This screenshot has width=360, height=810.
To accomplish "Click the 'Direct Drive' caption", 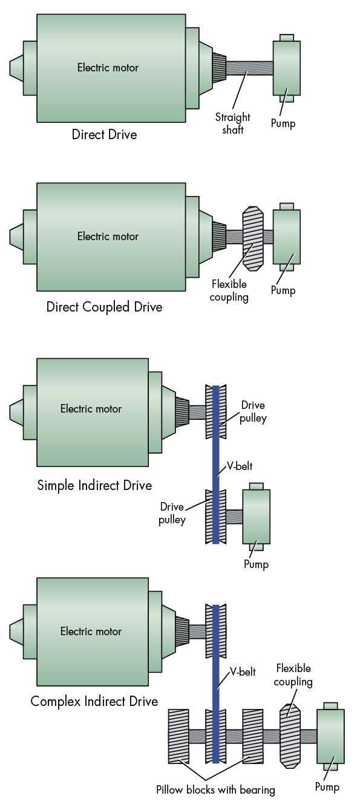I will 104,134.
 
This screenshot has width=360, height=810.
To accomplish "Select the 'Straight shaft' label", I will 232,123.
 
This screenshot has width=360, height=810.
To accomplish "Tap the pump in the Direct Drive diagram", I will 286,68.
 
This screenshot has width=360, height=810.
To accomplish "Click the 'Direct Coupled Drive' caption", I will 104,307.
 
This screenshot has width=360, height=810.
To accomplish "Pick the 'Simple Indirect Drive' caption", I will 94,485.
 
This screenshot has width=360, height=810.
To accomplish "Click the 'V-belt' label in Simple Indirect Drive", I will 240,466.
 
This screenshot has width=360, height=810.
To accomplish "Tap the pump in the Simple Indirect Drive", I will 256,516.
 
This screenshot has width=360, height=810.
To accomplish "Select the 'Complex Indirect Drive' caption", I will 94,702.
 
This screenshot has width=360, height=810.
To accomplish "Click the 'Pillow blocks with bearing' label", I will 215,789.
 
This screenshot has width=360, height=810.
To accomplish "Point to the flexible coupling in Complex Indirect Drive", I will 289,736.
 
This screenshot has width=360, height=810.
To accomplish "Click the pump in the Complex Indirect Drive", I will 330,736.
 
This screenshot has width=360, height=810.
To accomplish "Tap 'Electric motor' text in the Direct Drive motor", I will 108,68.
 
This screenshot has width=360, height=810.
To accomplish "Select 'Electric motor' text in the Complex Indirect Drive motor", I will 91,632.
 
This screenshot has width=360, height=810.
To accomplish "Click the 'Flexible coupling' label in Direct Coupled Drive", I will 230,290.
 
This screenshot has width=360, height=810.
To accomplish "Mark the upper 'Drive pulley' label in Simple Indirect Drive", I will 254,411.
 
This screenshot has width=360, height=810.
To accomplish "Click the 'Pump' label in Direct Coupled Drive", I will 283,290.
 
